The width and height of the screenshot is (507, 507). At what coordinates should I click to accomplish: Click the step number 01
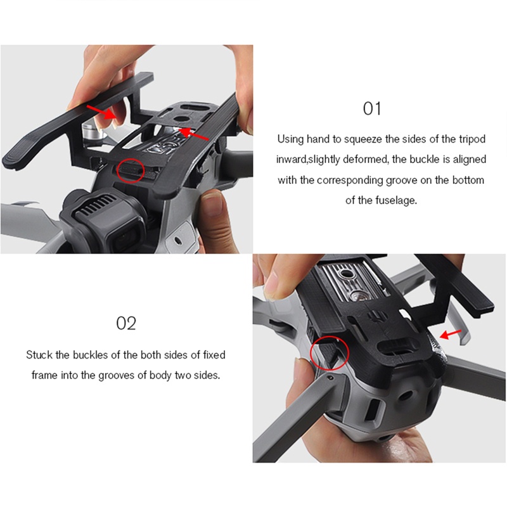pyautogui.click(x=372, y=108)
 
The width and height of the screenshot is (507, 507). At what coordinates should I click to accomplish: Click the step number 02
pyautogui.click(x=126, y=323)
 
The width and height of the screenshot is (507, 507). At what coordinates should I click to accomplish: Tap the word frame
pyautogui.click(x=45, y=375)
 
